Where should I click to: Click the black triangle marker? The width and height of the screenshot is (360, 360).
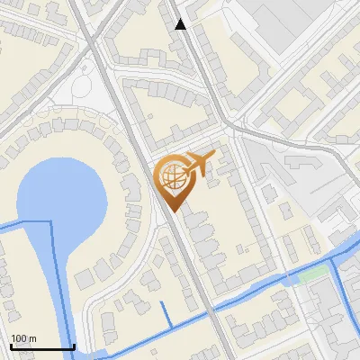(x=181, y=24)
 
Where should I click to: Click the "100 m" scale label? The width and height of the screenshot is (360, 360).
(x=23, y=338)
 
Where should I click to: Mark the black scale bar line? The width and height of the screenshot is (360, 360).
(x=42, y=346)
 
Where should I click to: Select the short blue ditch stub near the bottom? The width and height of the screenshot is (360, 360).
(x=167, y=314)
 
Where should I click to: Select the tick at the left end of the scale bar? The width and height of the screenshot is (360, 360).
(x=11, y=346)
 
